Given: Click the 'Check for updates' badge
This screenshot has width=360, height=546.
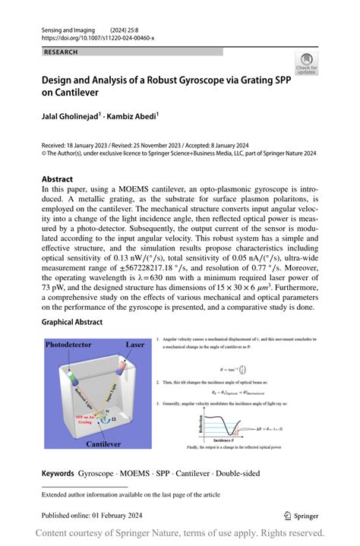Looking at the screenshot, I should click(307, 63).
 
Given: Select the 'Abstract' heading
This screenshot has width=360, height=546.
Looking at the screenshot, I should click(62, 180).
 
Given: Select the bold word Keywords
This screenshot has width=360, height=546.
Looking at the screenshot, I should click(58, 472).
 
